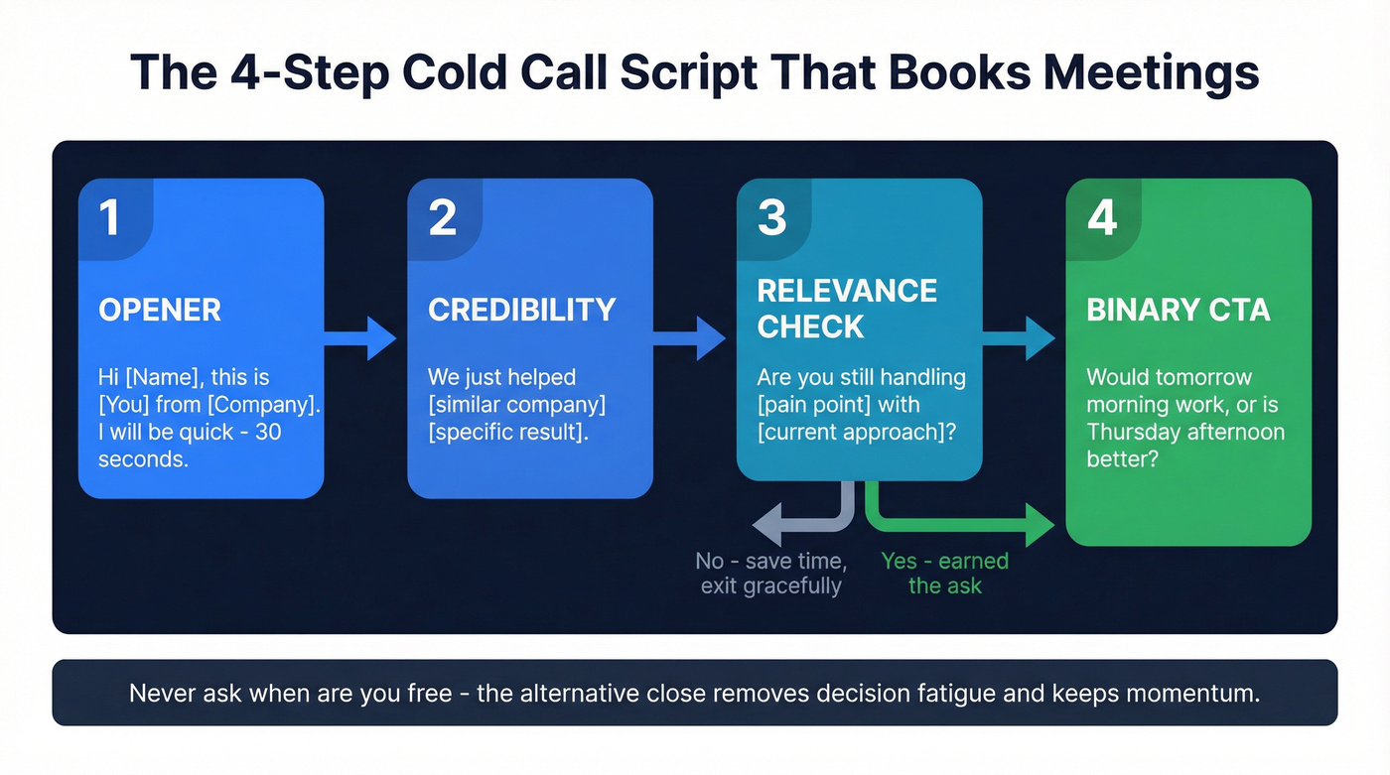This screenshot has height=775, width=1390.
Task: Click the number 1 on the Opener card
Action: click(109, 217)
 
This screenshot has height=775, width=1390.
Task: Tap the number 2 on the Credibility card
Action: click(442, 217)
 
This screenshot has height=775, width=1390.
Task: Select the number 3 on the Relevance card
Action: click(771, 217)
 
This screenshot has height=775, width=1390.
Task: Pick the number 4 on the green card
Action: click(1101, 217)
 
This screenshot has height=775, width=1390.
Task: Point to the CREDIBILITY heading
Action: click(521, 310)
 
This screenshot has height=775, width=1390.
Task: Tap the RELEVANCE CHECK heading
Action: click(846, 308)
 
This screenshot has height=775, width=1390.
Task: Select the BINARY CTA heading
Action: click(1178, 310)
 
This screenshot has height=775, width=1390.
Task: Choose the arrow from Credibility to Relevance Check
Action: click(693, 338)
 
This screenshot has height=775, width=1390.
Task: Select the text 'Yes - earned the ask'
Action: click(944, 574)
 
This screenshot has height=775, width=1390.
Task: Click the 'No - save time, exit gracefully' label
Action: click(770, 574)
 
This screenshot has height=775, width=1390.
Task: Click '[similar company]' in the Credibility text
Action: click(516, 405)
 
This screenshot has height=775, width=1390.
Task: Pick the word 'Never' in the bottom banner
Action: click(159, 693)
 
